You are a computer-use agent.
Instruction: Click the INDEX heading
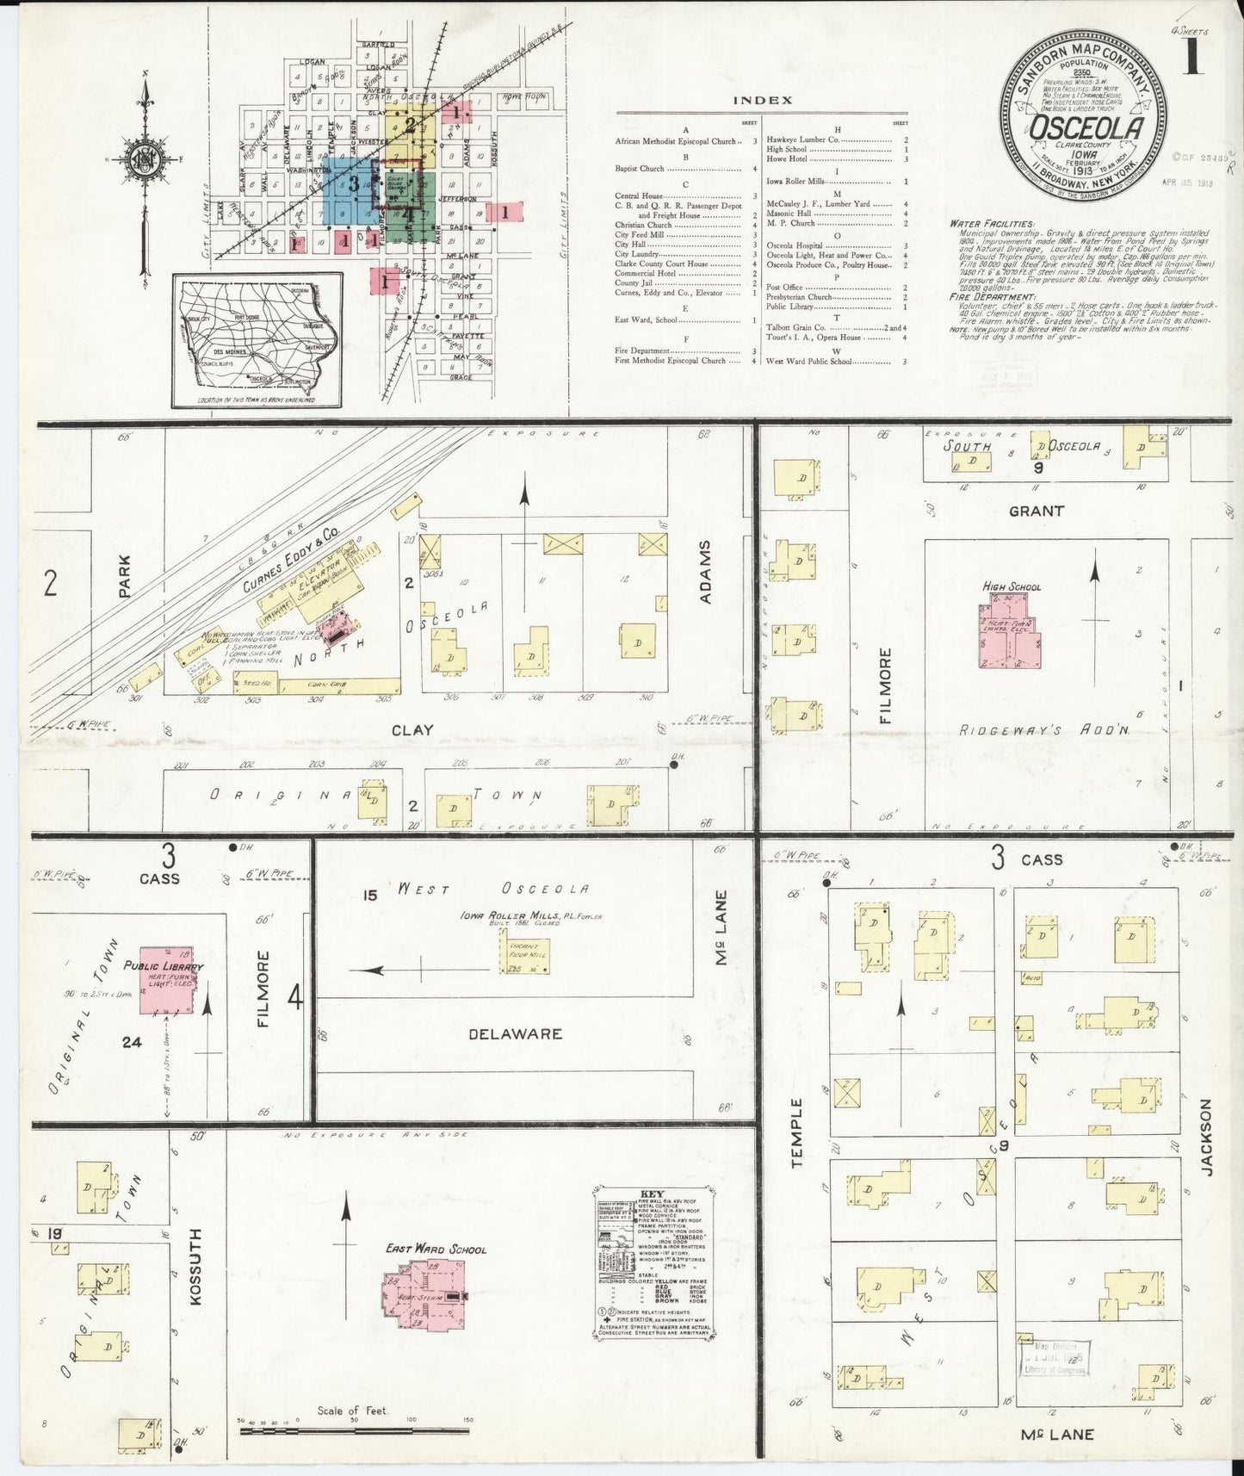(x=762, y=100)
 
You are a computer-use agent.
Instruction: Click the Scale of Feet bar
(x=353, y=1431)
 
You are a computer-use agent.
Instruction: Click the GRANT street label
(x=1037, y=511)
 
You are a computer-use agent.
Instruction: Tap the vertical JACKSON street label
(x=1207, y=1137)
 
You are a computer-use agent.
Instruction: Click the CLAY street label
(x=412, y=730)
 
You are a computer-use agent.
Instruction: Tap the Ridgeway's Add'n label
(x=1044, y=730)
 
